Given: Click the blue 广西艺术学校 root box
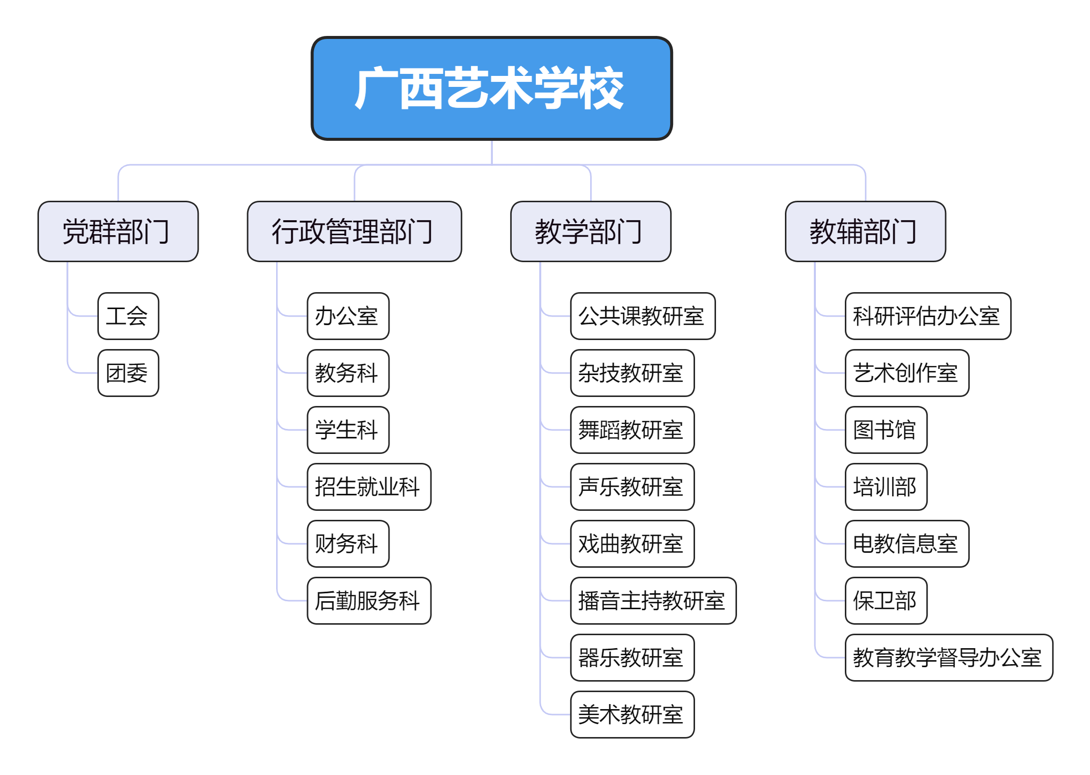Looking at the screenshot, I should [x=491, y=88].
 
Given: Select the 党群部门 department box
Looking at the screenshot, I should [x=118, y=231].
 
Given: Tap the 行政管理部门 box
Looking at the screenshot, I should [x=354, y=231].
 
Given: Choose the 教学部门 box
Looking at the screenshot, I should [x=590, y=231].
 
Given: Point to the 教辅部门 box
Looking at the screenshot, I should [x=865, y=231].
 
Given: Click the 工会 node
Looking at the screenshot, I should [x=128, y=316].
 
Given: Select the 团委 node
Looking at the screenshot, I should [x=128, y=373].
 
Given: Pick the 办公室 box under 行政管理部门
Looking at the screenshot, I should [x=348, y=316].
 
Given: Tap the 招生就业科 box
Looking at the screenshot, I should [x=368, y=487].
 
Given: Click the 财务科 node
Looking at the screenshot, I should [x=348, y=544].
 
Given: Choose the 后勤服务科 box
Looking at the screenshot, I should [x=368, y=601].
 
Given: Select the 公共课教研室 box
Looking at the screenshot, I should [x=643, y=316].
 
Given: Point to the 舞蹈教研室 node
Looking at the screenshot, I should [x=632, y=430].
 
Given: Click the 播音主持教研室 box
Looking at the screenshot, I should [x=653, y=601].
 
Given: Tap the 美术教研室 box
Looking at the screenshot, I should [x=632, y=715].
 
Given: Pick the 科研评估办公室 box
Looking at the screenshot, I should [x=928, y=316].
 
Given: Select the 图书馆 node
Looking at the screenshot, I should [x=886, y=430].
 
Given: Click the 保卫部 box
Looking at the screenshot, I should [x=886, y=601].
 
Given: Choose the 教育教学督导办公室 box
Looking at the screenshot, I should [x=949, y=658].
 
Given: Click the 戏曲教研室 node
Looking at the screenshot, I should [x=632, y=544].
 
